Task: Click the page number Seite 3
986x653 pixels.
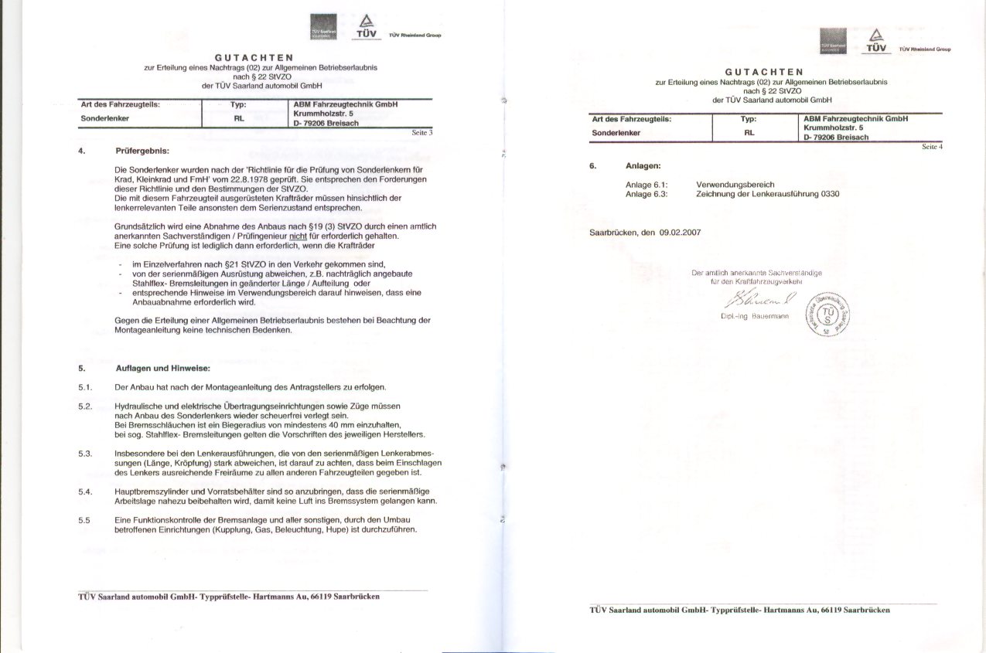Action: [x=421, y=133]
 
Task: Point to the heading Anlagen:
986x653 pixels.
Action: [x=643, y=165]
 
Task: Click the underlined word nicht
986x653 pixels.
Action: [x=299, y=236]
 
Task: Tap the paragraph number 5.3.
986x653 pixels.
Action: [x=85, y=453]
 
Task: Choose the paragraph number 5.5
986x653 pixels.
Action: [x=84, y=519]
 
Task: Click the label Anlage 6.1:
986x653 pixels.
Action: [x=646, y=185]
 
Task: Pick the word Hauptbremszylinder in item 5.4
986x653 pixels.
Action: [x=148, y=491]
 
